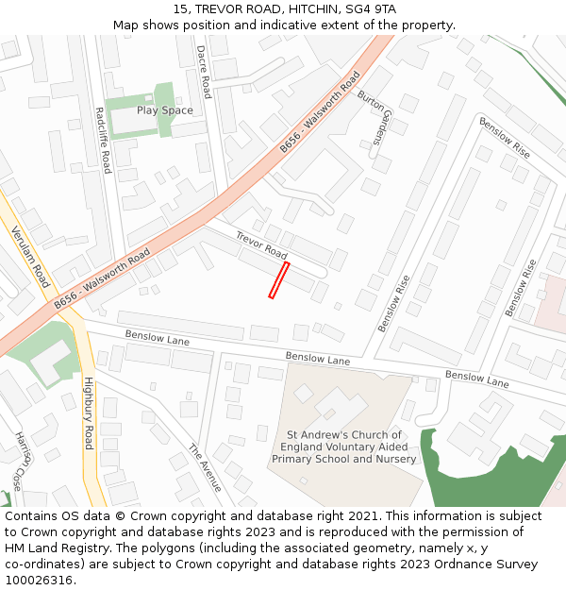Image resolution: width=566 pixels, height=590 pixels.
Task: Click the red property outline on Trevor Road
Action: (278, 280)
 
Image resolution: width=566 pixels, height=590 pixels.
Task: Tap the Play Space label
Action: (164, 110)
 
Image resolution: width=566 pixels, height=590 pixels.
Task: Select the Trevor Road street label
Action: (261, 245)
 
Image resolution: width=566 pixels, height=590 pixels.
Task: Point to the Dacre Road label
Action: (203, 72)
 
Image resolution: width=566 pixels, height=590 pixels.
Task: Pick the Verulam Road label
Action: (30, 257)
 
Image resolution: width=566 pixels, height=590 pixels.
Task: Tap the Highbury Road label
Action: (89, 413)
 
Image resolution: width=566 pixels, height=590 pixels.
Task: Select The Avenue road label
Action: (205, 467)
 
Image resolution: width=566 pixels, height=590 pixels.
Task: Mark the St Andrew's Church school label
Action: (344, 447)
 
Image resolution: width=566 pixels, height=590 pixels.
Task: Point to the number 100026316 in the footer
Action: (39, 580)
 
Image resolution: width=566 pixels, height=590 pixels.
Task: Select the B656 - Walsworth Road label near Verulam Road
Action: (102, 278)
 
